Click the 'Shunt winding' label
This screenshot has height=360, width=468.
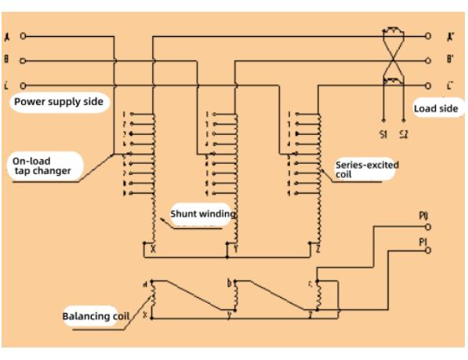click(x=202, y=213)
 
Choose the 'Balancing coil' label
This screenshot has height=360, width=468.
click(x=90, y=318)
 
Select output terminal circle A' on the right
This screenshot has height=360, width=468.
click(x=428, y=36)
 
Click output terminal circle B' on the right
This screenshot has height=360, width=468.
click(x=428, y=60)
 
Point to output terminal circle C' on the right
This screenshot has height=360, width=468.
click(x=428, y=84)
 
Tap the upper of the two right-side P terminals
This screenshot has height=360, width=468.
click(x=427, y=225)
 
